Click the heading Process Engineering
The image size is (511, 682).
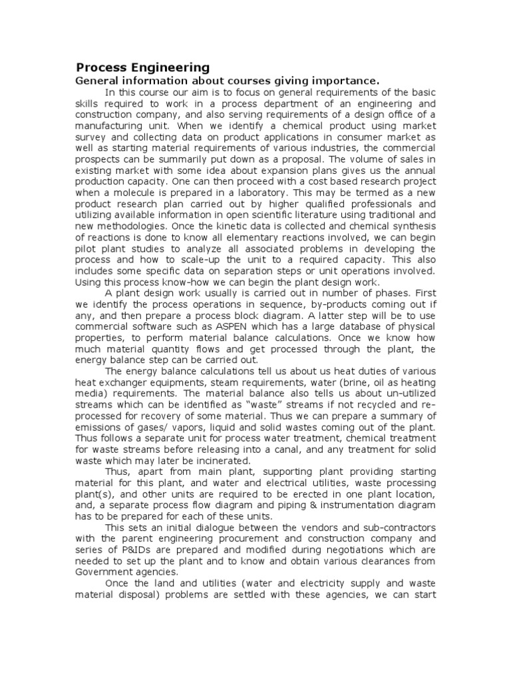pos(142,67)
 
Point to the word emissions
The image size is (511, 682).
pos(98,427)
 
